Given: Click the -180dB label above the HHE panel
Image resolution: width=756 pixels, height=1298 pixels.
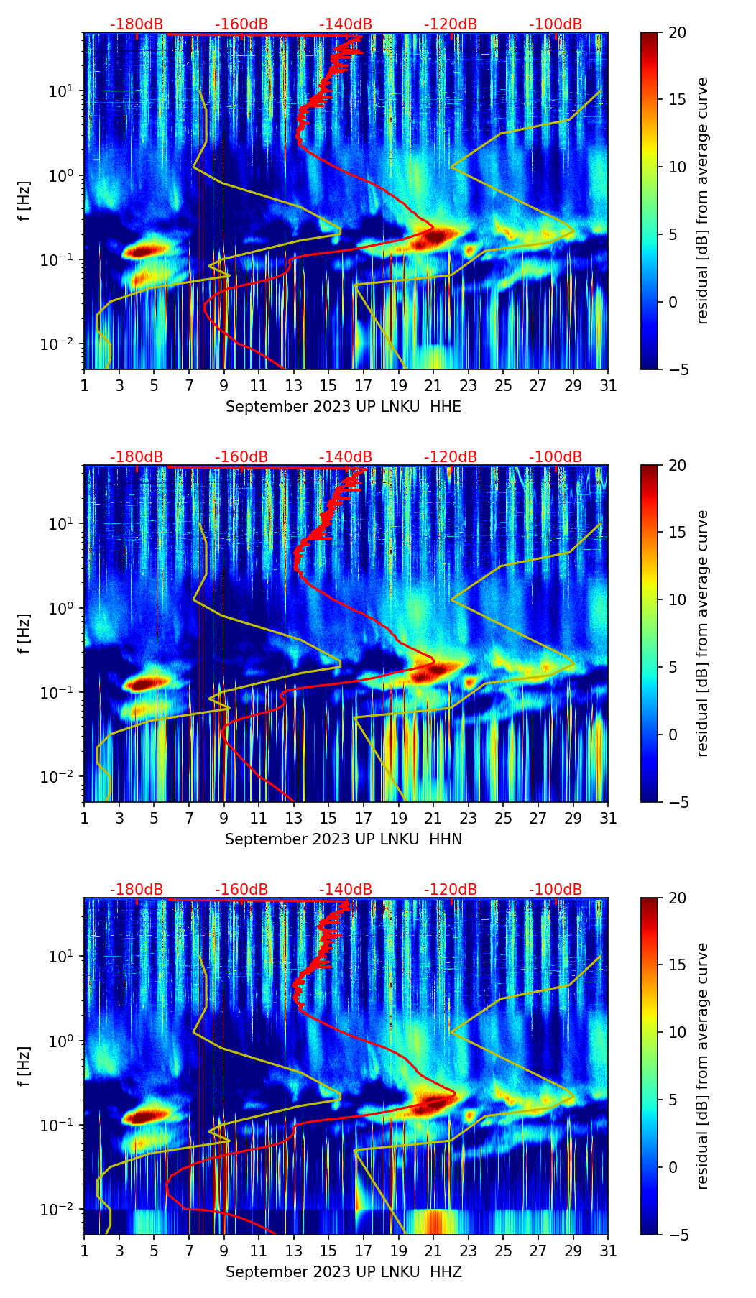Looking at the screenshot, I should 137,24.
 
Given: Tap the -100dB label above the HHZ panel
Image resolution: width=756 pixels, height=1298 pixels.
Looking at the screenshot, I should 556,890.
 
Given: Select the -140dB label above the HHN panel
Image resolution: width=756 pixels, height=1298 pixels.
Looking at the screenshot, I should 346,457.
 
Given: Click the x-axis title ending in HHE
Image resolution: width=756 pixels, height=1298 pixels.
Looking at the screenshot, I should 344,407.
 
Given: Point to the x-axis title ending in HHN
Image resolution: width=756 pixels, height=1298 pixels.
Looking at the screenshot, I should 344,839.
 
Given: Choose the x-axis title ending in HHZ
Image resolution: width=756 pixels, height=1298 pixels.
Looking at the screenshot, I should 344,1272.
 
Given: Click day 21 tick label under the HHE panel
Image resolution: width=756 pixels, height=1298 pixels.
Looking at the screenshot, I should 433,385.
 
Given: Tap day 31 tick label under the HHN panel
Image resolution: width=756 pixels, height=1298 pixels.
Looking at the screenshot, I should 608,818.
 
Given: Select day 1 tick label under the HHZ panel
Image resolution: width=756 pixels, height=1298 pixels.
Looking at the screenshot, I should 85,1251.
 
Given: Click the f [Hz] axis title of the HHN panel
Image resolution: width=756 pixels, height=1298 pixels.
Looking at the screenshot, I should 24,633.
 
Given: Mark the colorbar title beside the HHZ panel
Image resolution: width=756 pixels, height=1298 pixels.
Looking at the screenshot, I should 702,1066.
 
